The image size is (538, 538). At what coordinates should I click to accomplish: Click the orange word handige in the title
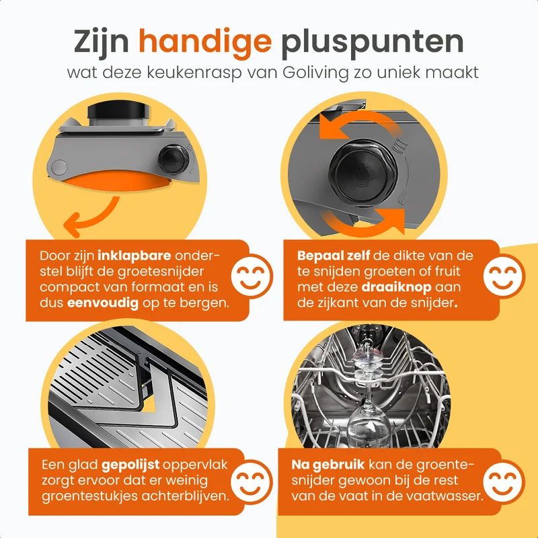[x=205, y=42]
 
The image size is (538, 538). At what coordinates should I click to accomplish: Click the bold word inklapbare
[x=134, y=256]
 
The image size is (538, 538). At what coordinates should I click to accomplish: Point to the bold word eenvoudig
[x=103, y=303]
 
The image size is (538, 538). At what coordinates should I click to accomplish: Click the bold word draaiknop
[x=396, y=288]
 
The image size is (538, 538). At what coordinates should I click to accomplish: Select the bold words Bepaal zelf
[x=334, y=256]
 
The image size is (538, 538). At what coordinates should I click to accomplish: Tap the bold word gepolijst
[x=130, y=465]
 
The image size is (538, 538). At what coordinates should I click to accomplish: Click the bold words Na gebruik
[x=328, y=465]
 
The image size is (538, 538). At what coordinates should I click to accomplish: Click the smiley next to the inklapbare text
[x=252, y=276]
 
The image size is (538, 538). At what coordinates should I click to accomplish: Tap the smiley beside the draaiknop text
[x=504, y=276]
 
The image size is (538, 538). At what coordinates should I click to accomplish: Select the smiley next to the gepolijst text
[x=252, y=482]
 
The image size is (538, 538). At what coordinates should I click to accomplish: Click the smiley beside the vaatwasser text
[x=504, y=482]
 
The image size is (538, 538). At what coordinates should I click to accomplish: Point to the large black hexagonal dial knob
[x=363, y=174]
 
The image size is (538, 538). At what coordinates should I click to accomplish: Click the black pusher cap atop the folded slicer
[x=118, y=110]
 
